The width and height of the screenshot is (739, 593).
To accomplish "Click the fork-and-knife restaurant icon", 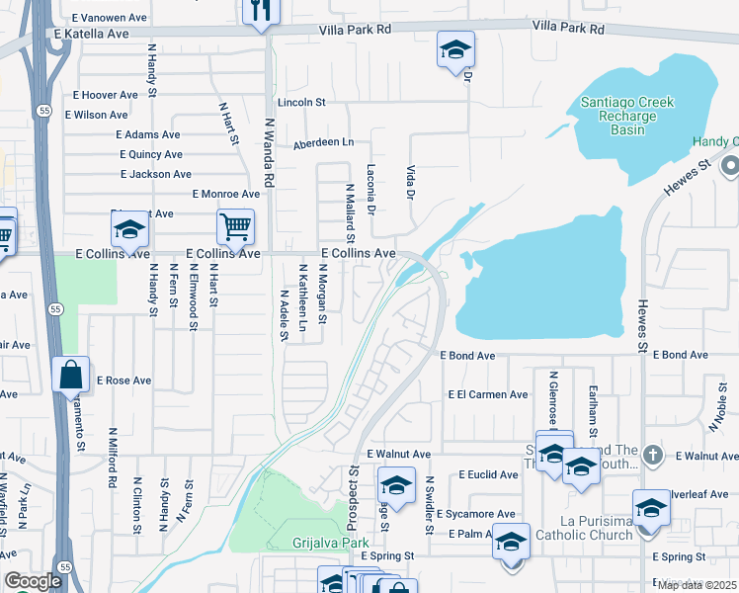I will coord(261,12).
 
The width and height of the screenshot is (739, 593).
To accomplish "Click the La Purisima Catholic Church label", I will coord(583,528).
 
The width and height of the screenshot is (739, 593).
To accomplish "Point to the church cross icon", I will coord(651,455).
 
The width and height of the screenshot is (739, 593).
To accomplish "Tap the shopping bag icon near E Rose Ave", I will coord(70,376).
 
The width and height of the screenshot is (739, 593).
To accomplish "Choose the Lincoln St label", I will coord(301,102).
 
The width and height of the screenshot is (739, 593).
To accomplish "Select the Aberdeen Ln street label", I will coord(322,143).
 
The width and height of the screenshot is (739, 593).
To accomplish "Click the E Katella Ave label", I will coord(92,34).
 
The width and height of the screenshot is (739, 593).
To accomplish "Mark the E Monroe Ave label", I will coord(225,195).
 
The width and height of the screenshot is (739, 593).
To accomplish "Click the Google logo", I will coord(33,581).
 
